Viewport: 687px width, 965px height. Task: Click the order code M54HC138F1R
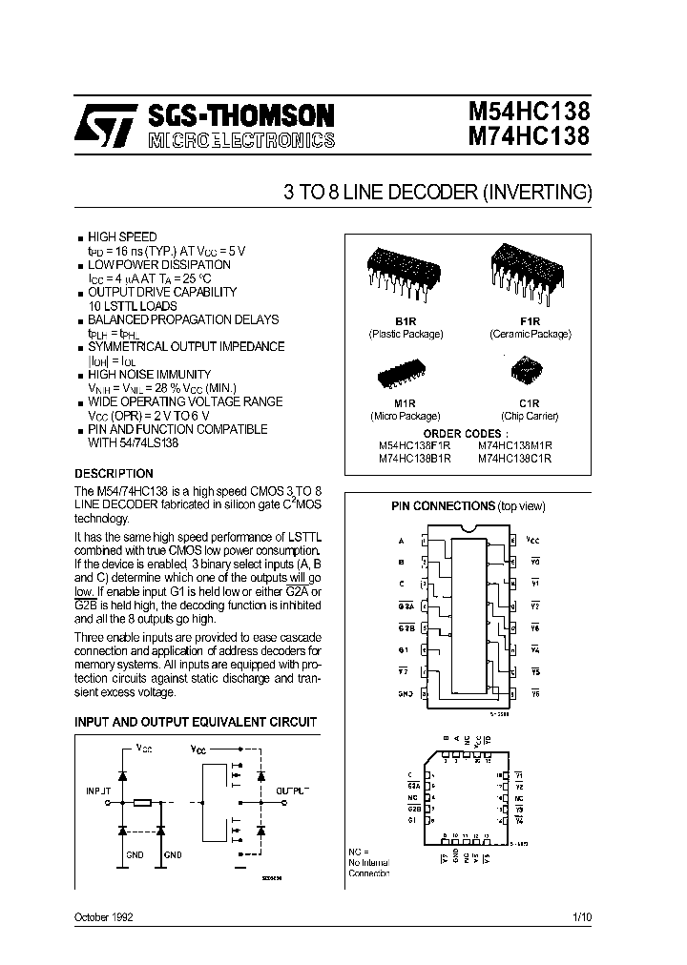point(418,445)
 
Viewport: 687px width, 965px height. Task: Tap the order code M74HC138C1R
point(514,458)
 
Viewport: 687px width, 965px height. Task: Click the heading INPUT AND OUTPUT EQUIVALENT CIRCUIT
point(196,723)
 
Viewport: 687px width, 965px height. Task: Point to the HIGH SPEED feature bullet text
point(122,236)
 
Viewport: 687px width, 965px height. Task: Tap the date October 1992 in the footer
point(103,916)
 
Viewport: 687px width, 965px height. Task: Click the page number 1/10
point(582,916)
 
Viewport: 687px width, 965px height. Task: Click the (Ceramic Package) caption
point(530,335)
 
